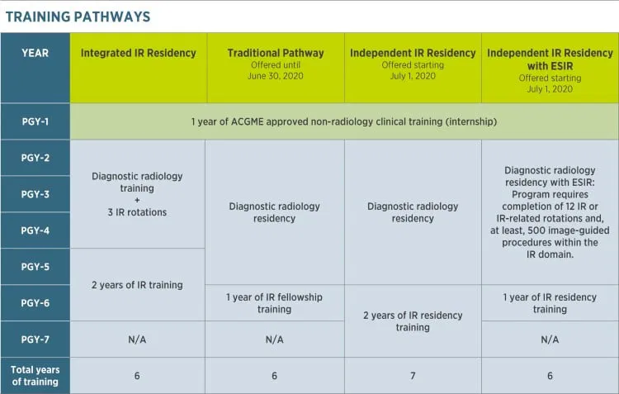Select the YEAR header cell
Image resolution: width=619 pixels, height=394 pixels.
[x=35, y=53]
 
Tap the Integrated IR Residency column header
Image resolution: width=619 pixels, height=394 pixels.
[x=138, y=53]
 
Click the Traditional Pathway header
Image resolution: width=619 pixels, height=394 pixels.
[x=275, y=53]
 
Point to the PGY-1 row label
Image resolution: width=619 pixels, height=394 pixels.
[x=35, y=121]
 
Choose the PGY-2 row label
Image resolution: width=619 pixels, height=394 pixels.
[x=35, y=158]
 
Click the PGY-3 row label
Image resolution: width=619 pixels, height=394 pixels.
[x=35, y=194]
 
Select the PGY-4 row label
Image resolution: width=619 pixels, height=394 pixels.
[x=35, y=230]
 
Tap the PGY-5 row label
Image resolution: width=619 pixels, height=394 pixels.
[x=35, y=267]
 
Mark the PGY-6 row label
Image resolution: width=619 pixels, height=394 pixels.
[x=35, y=303]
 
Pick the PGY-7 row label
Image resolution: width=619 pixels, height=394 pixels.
[x=35, y=339]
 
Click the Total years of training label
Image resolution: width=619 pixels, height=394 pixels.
[x=35, y=375]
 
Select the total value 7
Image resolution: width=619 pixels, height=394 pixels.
[x=413, y=376]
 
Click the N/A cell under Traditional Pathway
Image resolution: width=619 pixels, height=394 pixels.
[x=275, y=339]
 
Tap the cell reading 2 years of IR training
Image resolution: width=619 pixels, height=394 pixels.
[x=138, y=285]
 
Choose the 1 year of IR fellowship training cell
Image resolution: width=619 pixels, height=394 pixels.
[x=275, y=303]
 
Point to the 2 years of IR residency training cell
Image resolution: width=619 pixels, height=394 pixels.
[x=413, y=321]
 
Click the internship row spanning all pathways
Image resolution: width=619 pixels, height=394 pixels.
[x=344, y=121]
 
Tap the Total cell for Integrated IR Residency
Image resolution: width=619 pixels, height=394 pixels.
[x=138, y=376]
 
